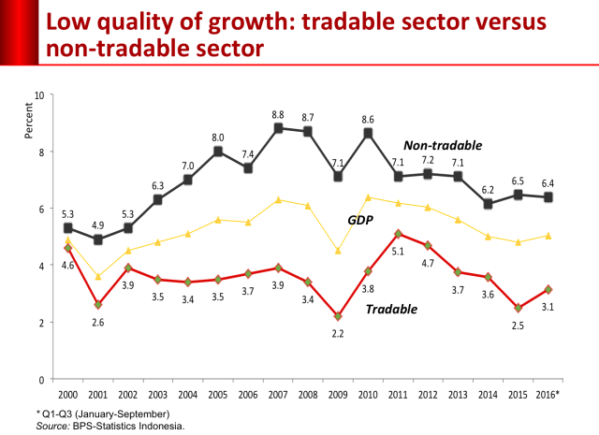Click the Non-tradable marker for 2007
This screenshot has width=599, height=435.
pyautogui.click(x=278, y=128)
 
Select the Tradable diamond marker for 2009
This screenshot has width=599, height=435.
pyautogui.click(x=338, y=316)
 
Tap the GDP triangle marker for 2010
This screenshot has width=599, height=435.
pyautogui.click(x=368, y=197)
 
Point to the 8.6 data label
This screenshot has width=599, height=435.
pyautogui.click(x=368, y=120)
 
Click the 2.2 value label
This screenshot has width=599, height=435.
pyautogui.click(x=338, y=334)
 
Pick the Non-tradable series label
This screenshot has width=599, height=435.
pyautogui.click(x=443, y=146)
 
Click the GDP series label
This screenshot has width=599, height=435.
pyautogui.click(x=360, y=220)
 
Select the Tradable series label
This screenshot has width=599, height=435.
pyautogui.click(x=391, y=309)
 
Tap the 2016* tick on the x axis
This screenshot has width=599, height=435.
pyautogui.click(x=548, y=395)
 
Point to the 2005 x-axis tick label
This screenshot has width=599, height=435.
pyautogui.click(x=218, y=395)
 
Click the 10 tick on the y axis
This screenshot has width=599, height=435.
pyautogui.click(x=39, y=95)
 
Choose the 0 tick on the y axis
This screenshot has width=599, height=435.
pyautogui.click(x=41, y=380)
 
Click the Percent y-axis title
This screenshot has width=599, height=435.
pyautogui.click(x=29, y=121)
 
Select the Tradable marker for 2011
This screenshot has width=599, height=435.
pyautogui.click(x=398, y=234)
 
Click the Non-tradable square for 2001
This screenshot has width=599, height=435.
pyautogui.click(x=98, y=239)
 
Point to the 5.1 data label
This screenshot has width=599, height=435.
pyautogui.click(x=398, y=252)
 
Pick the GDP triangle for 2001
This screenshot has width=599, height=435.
pyautogui.click(x=98, y=277)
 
